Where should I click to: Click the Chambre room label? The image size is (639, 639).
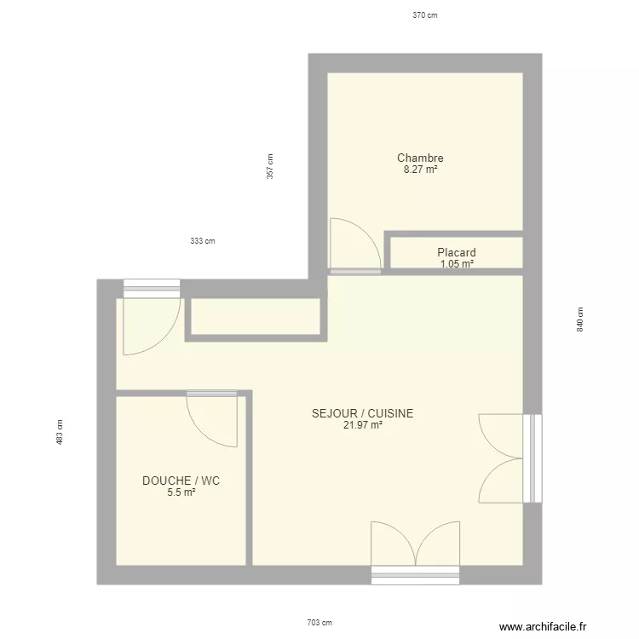coord(420,158)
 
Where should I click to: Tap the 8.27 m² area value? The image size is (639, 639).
coord(420,170)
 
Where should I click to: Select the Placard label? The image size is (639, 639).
coord(456,252)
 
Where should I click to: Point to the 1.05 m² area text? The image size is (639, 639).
coord(457,264)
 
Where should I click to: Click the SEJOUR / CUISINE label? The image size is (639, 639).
coord(363,413)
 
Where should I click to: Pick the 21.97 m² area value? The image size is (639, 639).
coord(363,425)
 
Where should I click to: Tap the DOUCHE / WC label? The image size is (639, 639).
coord(181,481)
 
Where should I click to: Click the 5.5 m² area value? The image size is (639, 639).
coord(181,492)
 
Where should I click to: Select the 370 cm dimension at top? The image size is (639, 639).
coord(424,15)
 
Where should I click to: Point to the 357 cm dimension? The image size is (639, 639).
coord(269,165)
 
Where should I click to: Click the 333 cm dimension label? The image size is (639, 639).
coord(202,241)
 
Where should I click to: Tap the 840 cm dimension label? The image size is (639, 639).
coord(580,319)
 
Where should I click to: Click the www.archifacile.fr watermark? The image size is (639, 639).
coord(544,626)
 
